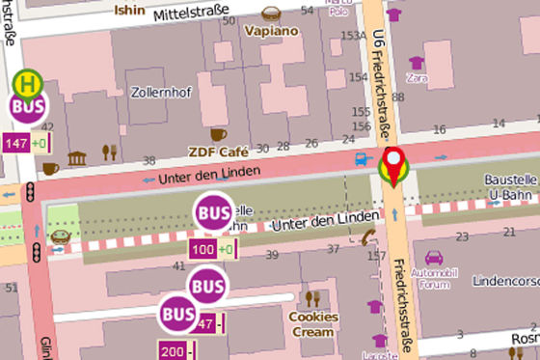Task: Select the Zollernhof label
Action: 155,93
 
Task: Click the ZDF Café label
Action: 219,152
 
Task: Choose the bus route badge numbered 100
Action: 203,251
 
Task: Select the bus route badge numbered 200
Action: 174,350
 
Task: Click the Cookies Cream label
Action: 314,324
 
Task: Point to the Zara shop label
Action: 418,77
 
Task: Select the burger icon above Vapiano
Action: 270,13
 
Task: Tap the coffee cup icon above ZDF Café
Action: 219,133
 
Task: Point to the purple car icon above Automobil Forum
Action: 433,258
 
